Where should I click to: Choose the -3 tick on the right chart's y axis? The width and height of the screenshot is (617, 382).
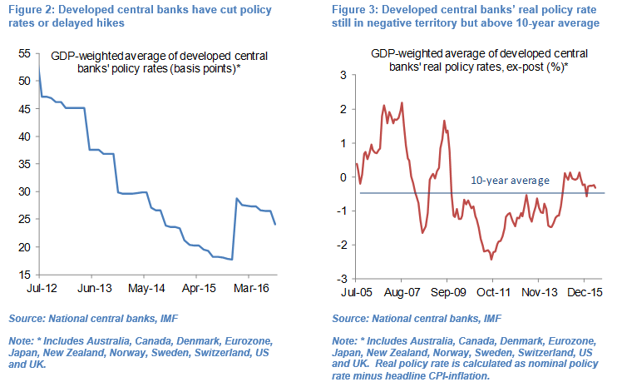(x=340, y=279)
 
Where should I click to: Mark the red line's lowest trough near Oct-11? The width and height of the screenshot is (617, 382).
(x=491, y=259)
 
